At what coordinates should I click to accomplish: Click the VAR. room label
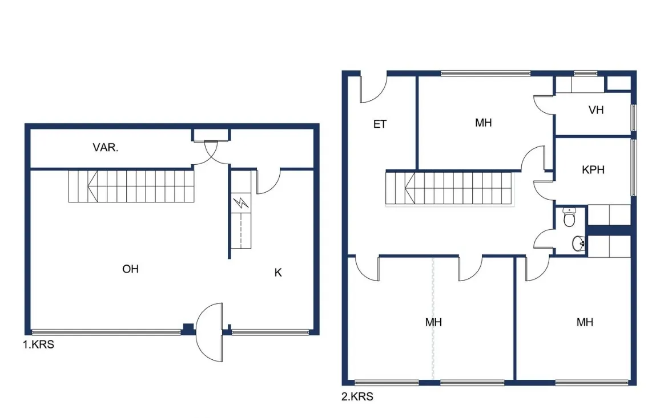click(105, 148)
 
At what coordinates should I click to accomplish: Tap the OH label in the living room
click(130, 269)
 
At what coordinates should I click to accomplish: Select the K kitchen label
click(278, 273)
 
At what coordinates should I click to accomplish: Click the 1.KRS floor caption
click(38, 344)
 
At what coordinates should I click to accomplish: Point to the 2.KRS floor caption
click(357, 397)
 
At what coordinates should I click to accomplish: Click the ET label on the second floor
click(380, 124)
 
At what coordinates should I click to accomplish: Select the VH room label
click(596, 110)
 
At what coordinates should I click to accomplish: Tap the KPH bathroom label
click(593, 170)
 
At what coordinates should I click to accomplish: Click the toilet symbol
click(569, 217)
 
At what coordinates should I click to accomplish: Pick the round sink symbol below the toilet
click(578, 244)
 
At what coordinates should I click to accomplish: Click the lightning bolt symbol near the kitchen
click(241, 202)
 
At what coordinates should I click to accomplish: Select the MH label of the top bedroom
click(483, 123)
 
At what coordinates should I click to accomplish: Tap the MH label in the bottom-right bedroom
click(585, 322)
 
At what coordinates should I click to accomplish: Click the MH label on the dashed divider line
click(433, 322)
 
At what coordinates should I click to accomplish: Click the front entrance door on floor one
click(210, 332)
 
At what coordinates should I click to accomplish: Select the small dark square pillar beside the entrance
click(188, 328)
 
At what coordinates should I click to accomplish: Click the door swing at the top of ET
click(373, 89)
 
